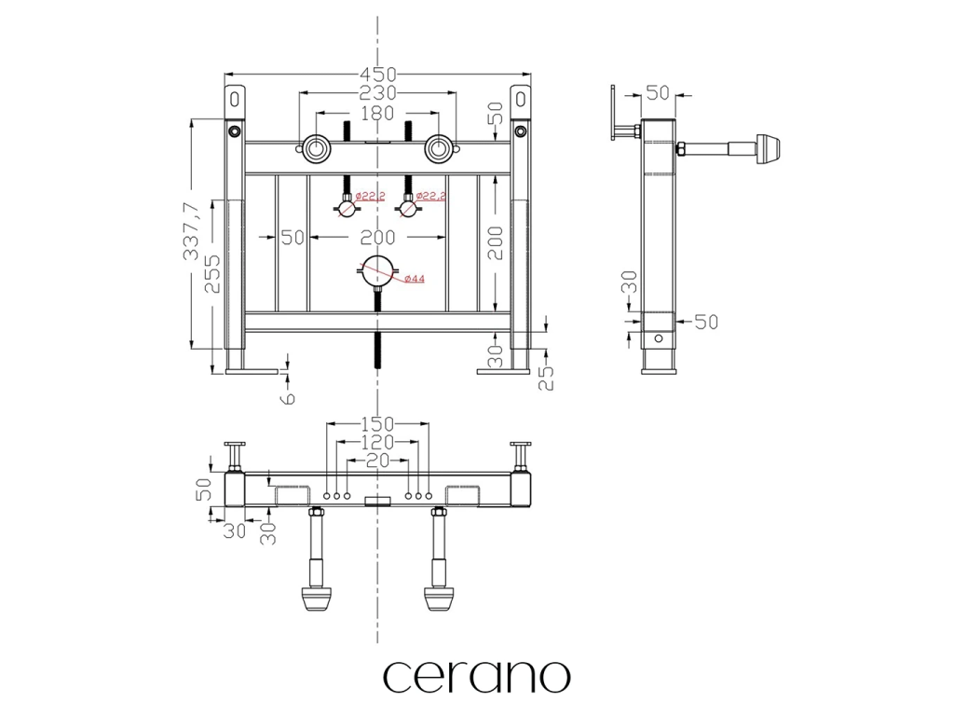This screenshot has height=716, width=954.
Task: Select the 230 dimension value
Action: (x=377, y=93)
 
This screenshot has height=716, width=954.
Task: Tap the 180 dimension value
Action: (x=377, y=113)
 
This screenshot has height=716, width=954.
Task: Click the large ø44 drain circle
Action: (x=377, y=274)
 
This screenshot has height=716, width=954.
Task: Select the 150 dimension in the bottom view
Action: (x=377, y=424)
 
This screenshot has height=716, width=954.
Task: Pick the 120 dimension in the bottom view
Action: (x=377, y=443)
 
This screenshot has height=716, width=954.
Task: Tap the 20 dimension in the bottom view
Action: (x=377, y=461)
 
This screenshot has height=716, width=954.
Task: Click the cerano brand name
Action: (x=476, y=677)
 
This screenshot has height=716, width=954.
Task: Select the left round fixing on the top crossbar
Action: (x=315, y=147)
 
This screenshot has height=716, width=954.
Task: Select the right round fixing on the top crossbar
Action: (x=439, y=147)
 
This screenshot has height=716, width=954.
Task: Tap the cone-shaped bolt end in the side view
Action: (x=770, y=147)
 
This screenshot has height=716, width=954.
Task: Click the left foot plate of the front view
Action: (x=252, y=372)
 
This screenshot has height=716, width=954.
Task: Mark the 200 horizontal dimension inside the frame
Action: (x=377, y=238)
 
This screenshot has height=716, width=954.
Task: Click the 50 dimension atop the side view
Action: (x=658, y=93)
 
